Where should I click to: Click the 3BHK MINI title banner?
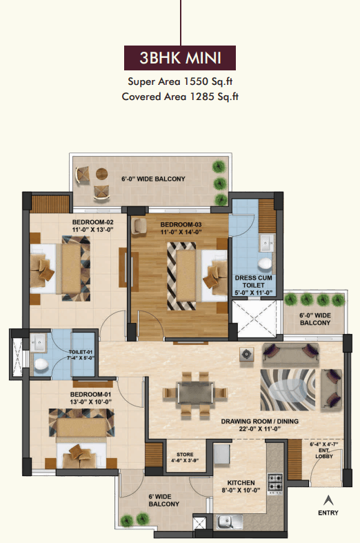180,58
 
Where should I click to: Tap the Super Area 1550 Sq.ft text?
180,81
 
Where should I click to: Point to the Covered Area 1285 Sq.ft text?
180,97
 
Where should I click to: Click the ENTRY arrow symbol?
328,500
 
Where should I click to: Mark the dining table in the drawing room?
195,393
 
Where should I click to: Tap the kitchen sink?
230,521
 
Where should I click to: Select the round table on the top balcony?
102,173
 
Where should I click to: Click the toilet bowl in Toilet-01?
41,364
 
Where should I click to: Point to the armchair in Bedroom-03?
140,226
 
